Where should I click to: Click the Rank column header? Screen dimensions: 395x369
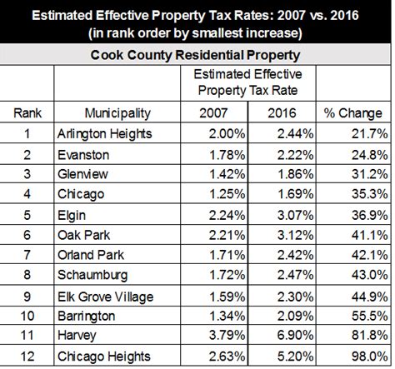(x=27, y=113)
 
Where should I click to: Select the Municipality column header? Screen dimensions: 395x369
(x=117, y=113)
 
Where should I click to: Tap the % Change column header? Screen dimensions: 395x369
(x=352, y=113)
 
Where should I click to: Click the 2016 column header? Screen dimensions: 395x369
(x=282, y=113)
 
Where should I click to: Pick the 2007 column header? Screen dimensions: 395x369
(x=213, y=113)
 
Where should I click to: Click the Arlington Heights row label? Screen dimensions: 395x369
(x=105, y=134)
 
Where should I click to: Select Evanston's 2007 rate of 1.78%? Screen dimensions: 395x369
(x=227, y=155)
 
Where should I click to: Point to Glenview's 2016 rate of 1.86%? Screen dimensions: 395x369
(x=296, y=174)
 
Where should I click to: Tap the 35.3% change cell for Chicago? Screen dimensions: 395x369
(x=369, y=194)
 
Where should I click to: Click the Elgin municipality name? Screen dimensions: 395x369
(x=72, y=216)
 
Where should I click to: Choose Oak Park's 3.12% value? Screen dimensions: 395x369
(x=296, y=235)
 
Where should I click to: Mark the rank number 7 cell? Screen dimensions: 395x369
(x=27, y=255)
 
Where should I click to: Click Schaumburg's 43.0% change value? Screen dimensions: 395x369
(x=369, y=275)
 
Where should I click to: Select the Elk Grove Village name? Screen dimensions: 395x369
(x=105, y=297)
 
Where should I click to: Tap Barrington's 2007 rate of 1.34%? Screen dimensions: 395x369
(x=227, y=316)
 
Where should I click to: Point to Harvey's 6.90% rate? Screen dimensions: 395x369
(x=296, y=335)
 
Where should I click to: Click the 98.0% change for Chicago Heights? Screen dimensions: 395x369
(x=369, y=357)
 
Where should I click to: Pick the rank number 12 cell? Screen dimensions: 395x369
(x=27, y=357)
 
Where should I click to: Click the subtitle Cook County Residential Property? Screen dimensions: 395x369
(x=195, y=55)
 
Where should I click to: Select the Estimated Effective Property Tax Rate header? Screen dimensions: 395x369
(x=247, y=82)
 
